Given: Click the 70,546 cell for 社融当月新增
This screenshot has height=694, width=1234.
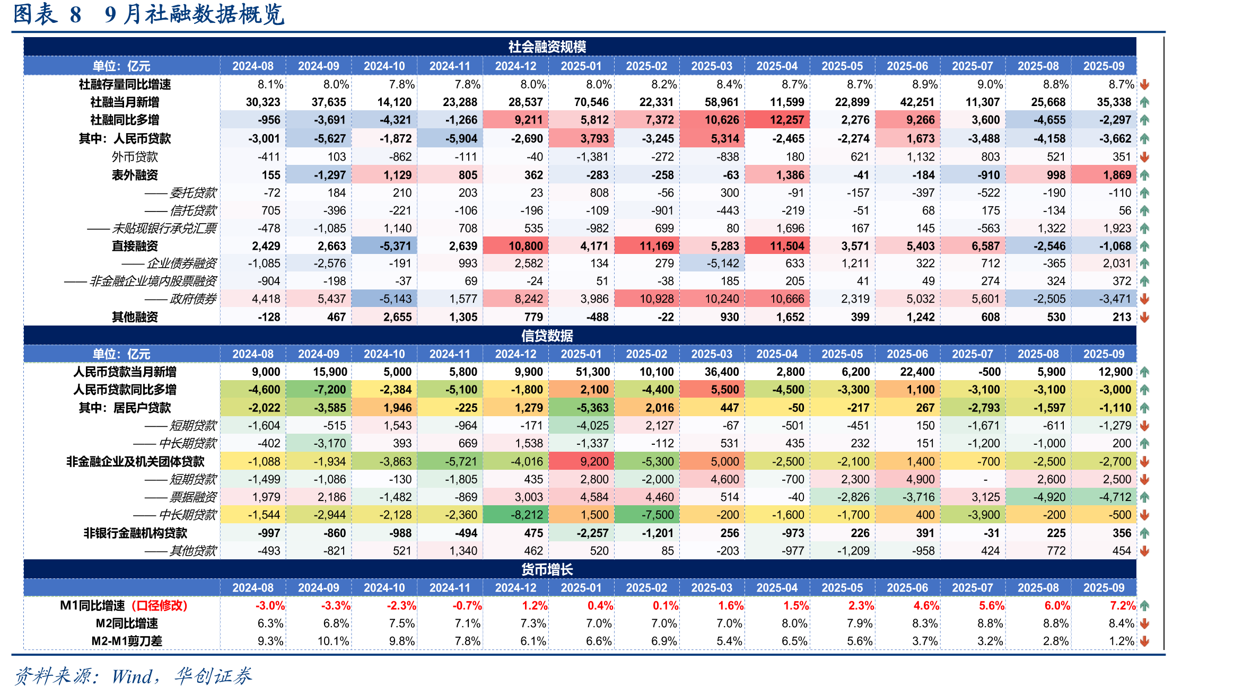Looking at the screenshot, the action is click(581, 102).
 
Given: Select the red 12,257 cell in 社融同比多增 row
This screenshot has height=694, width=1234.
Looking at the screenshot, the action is click(777, 120).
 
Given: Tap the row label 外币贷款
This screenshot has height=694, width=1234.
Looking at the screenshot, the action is click(135, 157).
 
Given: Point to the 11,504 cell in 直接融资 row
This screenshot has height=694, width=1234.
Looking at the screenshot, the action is click(777, 246).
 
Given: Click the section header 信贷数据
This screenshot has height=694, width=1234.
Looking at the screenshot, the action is click(547, 336).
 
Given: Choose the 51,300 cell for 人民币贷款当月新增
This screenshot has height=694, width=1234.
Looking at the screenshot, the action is click(581, 372).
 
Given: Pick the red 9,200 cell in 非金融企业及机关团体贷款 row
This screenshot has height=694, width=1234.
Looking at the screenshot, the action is click(581, 462).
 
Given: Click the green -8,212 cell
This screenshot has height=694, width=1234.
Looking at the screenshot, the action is click(515, 515).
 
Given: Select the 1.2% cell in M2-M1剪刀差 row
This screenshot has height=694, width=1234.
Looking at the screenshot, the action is click(1122, 641).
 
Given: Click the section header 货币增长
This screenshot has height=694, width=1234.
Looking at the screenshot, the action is click(547, 569).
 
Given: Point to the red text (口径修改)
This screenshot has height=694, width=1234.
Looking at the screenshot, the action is click(160, 605).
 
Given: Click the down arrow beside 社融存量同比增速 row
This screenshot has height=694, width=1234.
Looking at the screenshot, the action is click(1145, 84).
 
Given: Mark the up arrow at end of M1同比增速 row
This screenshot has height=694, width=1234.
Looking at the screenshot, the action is click(1145, 605).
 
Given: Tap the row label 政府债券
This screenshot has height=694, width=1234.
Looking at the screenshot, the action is click(193, 299).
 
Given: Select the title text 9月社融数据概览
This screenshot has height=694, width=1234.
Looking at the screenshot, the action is click(194, 14).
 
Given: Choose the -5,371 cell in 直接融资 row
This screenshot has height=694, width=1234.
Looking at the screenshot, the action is click(384, 246).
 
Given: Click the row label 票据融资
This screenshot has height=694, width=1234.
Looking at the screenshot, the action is click(193, 497).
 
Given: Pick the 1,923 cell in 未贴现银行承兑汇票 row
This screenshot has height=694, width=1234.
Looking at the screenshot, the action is click(1104, 229).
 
